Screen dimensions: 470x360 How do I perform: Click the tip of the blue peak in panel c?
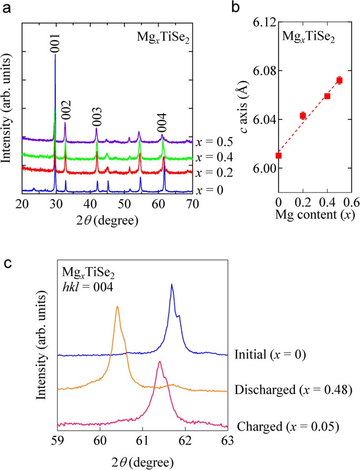[x=172, y=284]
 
